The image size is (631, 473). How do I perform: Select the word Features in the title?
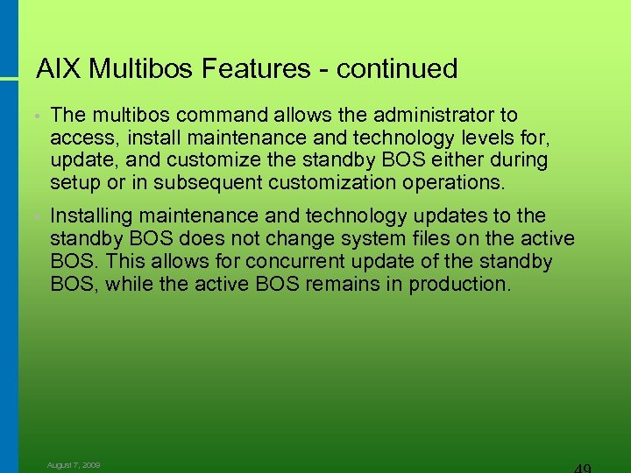click(266, 68)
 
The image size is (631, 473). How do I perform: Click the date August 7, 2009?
click(74, 465)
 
